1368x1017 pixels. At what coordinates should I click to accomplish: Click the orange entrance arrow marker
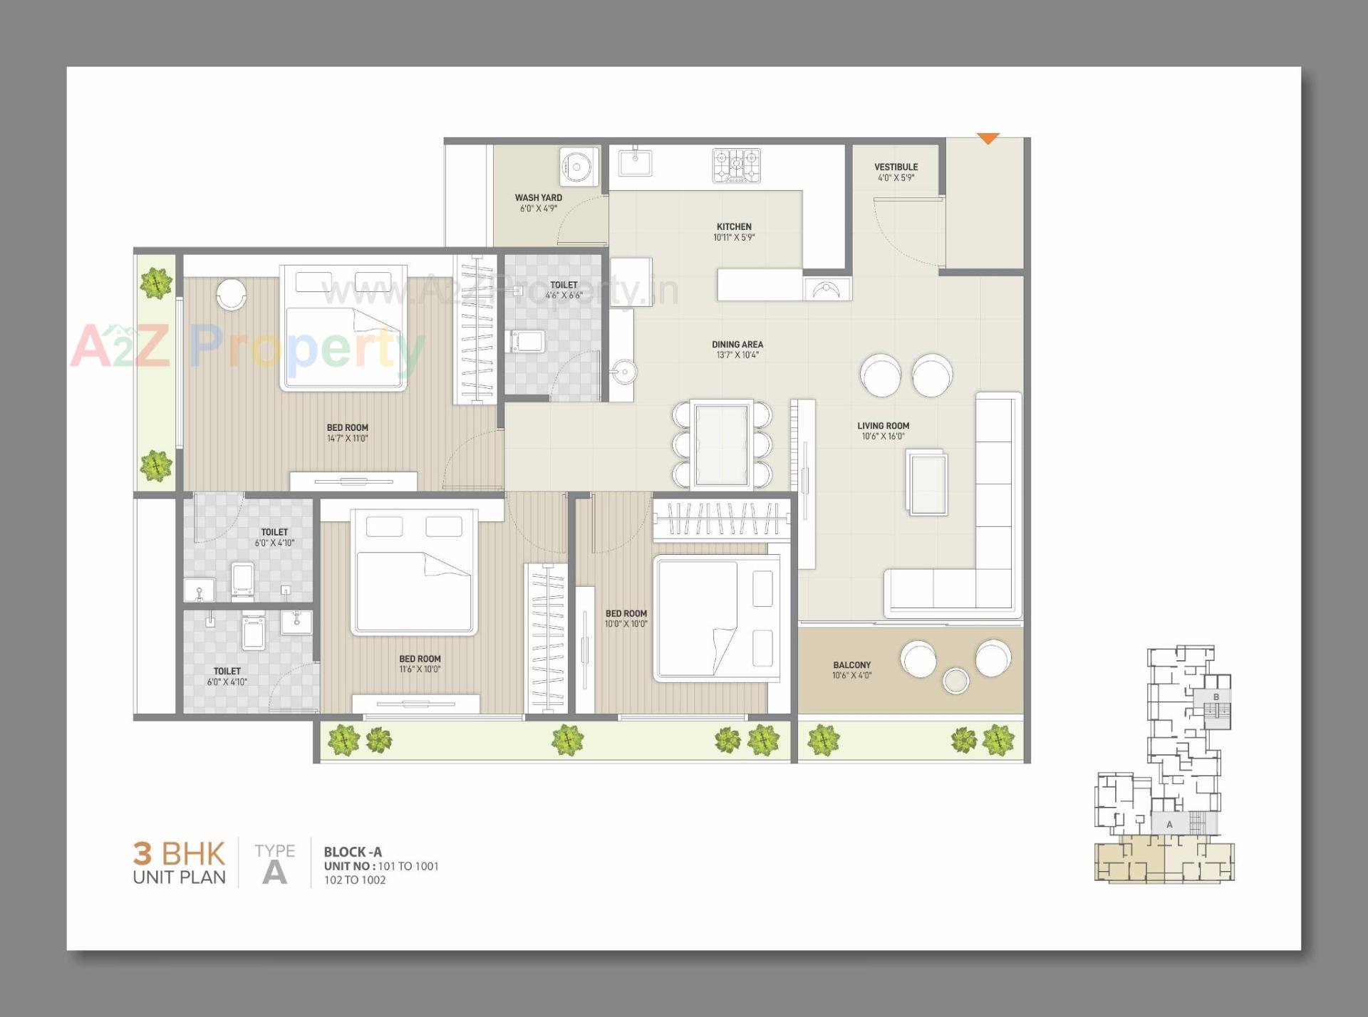click(988, 138)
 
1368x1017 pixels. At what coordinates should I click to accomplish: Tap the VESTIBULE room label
click(896, 167)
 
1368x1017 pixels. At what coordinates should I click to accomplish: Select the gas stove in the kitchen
click(736, 165)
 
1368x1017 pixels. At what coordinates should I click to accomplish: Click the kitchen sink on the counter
click(634, 162)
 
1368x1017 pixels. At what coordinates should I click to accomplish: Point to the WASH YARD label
click(538, 198)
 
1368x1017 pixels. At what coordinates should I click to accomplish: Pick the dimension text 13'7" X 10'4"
click(737, 355)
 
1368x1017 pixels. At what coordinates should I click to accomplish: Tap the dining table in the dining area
click(722, 444)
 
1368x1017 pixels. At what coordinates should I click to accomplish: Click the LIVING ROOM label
click(883, 426)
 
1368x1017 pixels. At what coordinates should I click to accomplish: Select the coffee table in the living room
click(927, 483)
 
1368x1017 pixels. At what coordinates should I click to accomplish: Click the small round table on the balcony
click(955, 680)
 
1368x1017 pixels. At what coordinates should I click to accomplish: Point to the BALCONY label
click(851, 665)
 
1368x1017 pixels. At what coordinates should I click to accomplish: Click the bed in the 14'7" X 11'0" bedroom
click(343, 329)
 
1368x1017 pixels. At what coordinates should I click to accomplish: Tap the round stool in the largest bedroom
click(231, 293)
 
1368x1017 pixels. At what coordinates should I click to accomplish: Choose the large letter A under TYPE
click(274, 872)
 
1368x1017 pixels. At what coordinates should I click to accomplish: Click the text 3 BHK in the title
click(179, 853)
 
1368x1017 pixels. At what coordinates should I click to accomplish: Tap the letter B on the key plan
click(1216, 697)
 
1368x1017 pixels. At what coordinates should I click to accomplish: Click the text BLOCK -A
click(353, 852)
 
